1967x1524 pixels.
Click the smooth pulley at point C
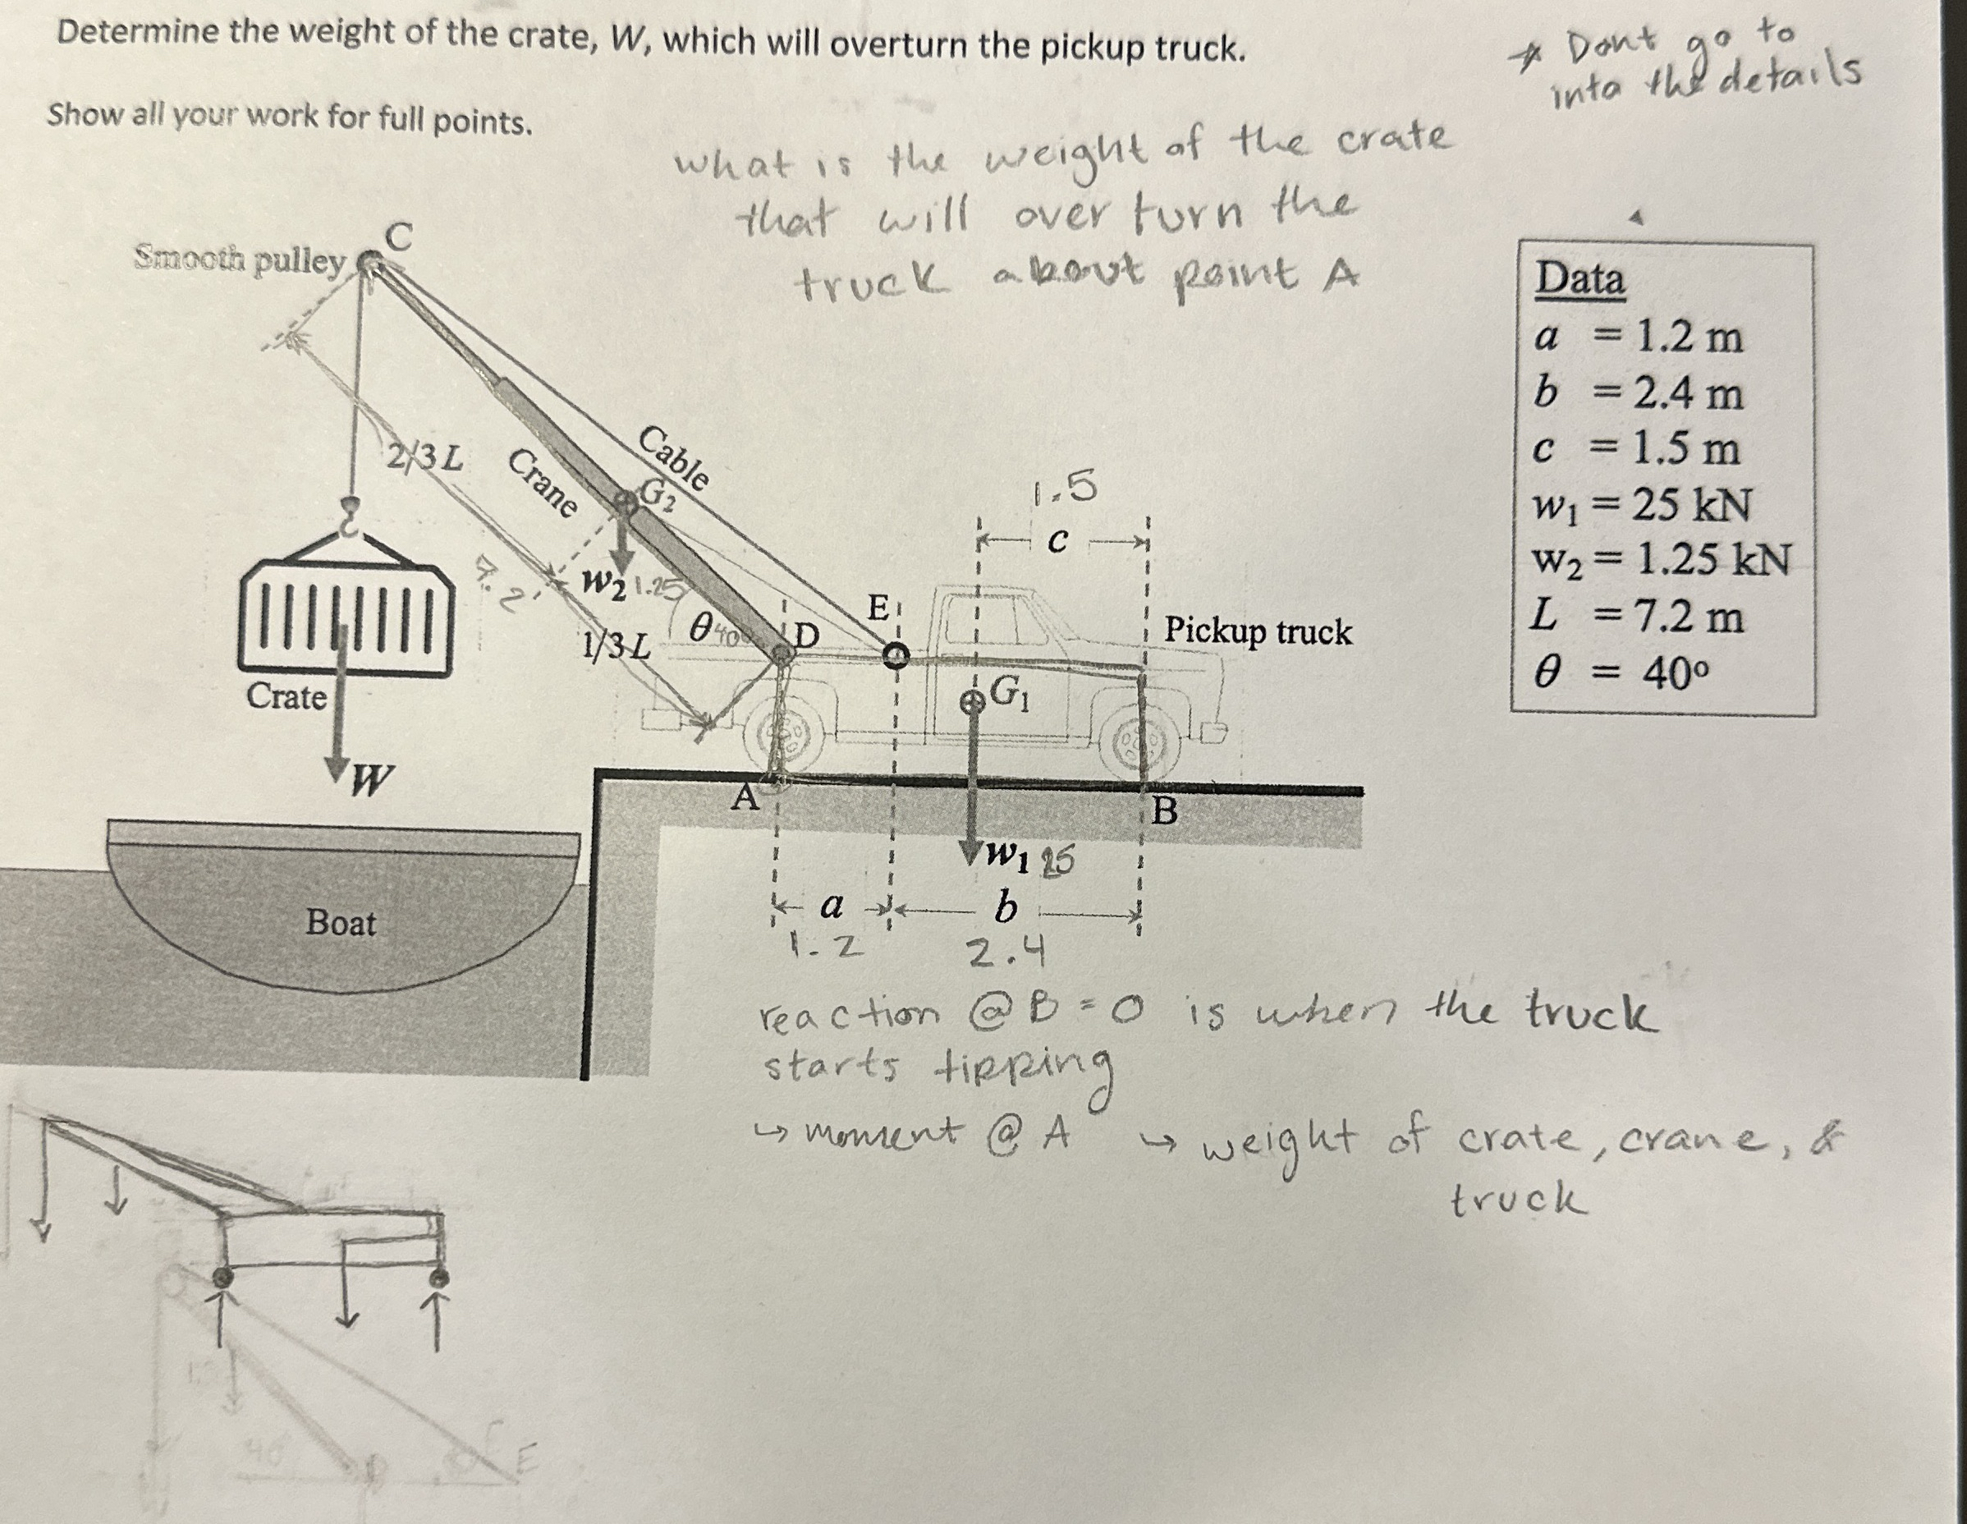(368, 262)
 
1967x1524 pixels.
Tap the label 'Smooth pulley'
(240, 260)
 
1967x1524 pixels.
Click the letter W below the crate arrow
(371, 780)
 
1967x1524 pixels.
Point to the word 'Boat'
(341, 923)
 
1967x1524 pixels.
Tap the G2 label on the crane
(658, 494)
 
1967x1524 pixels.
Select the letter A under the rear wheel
(745, 798)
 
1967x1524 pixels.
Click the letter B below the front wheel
(1165, 811)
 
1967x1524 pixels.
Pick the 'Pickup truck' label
(1258, 631)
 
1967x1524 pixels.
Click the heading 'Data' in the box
(1580, 278)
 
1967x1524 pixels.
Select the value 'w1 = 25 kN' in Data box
(1642, 506)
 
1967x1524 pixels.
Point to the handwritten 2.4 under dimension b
(1006, 951)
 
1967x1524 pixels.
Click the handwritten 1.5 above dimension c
(1066, 489)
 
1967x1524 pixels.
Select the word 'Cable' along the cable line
(674, 458)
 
